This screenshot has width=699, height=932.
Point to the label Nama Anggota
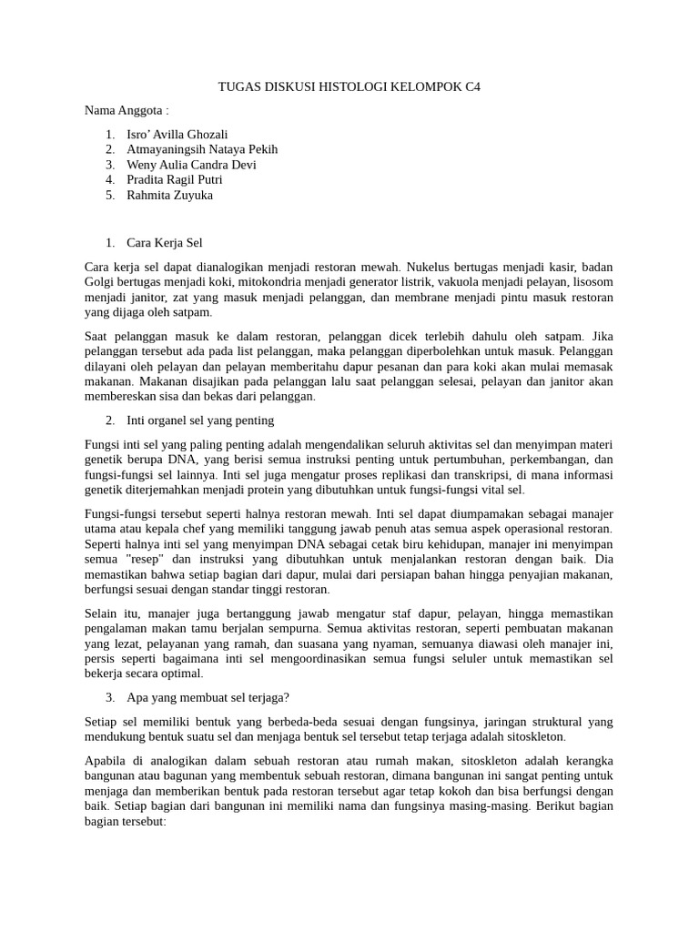(127, 110)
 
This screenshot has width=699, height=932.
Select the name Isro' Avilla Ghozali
(177, 134)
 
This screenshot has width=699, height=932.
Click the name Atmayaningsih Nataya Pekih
(202, 149)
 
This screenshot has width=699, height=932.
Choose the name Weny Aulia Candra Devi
(191, 165)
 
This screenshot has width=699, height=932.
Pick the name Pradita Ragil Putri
(175, 179)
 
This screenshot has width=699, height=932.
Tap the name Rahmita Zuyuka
(170, 195)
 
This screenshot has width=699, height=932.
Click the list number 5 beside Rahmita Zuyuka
(109, 195)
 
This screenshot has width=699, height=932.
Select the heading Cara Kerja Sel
(165, 243)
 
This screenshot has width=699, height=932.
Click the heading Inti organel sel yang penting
(200, 420)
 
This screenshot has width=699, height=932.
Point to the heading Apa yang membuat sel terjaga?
(208, 697)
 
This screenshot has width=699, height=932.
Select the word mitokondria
(270, 282)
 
